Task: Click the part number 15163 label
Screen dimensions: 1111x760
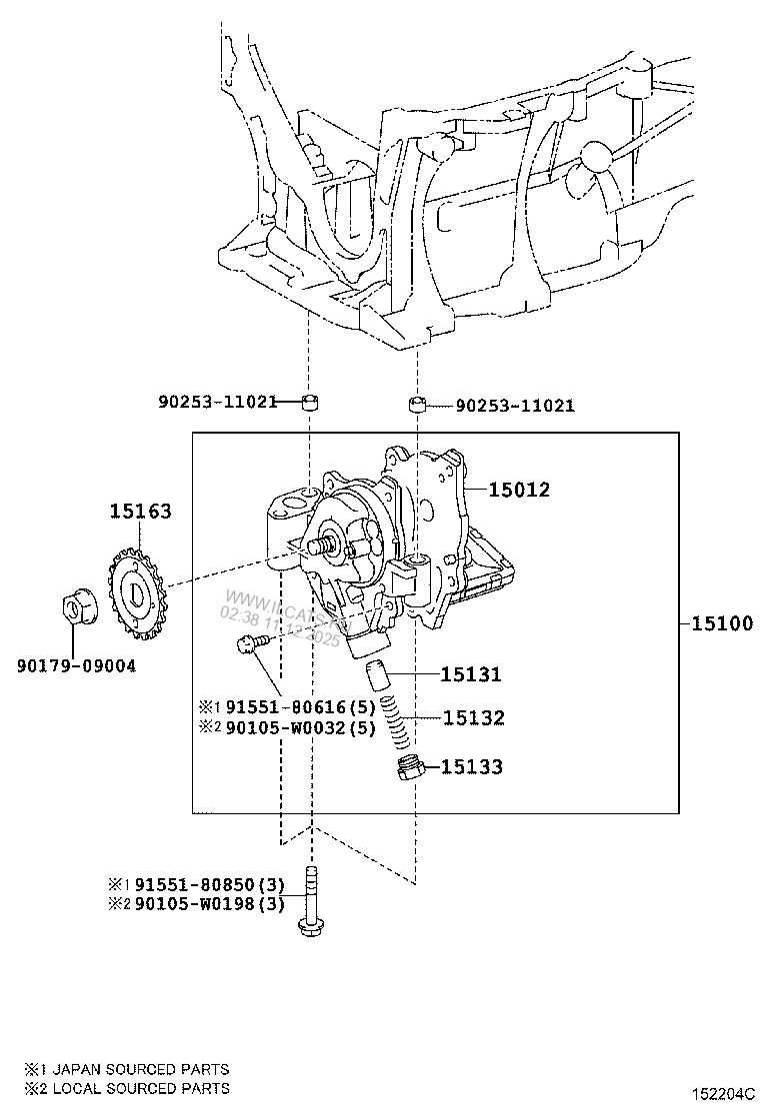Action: tap(140, 512)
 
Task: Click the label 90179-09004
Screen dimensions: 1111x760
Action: tap(76, 664)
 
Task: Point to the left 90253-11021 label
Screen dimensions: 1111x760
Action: tap(217, 403)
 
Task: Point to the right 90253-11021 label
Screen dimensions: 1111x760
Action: tap(515, 406)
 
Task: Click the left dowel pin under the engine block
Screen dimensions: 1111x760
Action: tap(310, 403)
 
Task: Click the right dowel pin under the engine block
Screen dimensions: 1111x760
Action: tap(417, 405)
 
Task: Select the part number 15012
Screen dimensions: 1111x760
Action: tap(519, 490)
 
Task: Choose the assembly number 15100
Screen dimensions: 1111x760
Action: tap(721, 624)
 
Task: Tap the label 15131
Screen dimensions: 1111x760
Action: tap(472, 674)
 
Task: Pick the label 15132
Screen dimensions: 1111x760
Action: tap(473, 717)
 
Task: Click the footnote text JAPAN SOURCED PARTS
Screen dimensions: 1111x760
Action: tap(140, 1069)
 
